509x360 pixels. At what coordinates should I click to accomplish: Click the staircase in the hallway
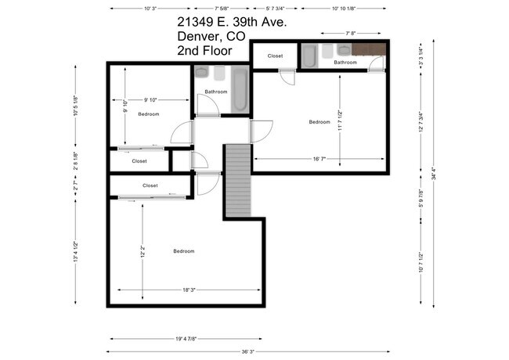click(x=237, y=180)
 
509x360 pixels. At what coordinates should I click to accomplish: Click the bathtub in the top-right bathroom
click(x=309, y=56)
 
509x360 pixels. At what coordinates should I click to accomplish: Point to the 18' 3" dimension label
click(x=188, y=290)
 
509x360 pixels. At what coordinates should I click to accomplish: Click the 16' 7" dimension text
click(x=319, y=159)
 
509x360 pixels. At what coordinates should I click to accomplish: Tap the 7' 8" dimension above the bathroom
click(x=351, y=34)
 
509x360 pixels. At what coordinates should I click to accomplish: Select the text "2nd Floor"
click(x=206, y=51)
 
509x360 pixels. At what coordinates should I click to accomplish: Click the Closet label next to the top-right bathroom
click(x=275, y=56)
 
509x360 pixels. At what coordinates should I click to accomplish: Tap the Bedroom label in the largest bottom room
click(x=184, y=250)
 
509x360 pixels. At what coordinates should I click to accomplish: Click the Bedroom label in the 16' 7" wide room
click(x=319, y=121)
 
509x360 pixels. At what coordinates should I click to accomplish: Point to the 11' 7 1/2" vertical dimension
click(x=340, y=121)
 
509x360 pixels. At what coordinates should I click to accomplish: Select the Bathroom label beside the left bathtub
click(x=216, y=92)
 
